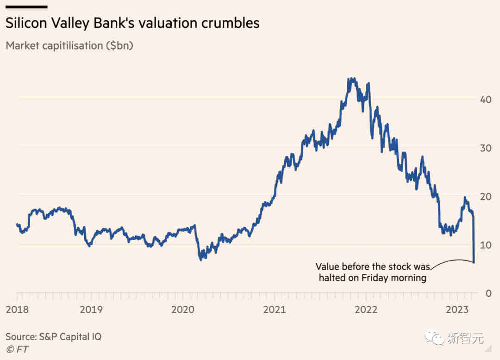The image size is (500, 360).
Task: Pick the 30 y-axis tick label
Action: pos(485,148)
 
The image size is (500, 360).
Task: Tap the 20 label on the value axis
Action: pos(485,196)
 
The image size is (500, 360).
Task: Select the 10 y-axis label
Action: pos(485,245)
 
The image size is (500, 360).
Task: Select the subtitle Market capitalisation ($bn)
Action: pos(69,46)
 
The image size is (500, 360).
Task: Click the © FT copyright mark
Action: pos(17,349)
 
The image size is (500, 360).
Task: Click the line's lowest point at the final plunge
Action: pos(474,262)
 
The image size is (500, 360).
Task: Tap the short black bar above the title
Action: pos(26,7)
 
